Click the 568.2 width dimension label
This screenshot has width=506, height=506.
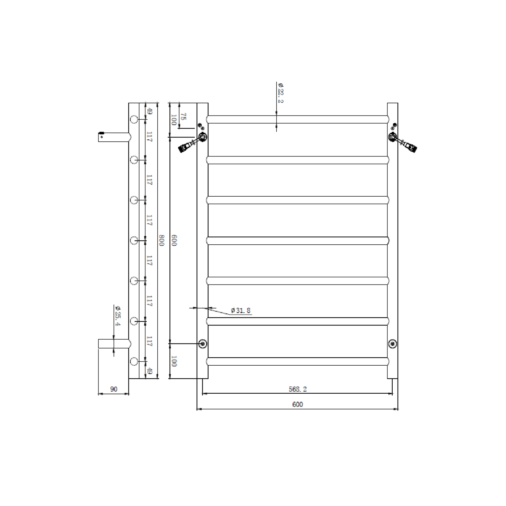297,389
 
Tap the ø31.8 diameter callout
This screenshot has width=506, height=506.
241,311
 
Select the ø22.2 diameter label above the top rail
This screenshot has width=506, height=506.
280,93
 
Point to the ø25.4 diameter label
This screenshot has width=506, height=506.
117,316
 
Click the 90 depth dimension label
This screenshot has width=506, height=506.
114,389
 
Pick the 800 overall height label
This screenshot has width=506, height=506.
161,241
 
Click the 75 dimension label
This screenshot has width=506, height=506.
183,116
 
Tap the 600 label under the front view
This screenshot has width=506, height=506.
297,404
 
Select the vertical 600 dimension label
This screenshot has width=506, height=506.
174,241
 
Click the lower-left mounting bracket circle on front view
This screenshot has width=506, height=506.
203,344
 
